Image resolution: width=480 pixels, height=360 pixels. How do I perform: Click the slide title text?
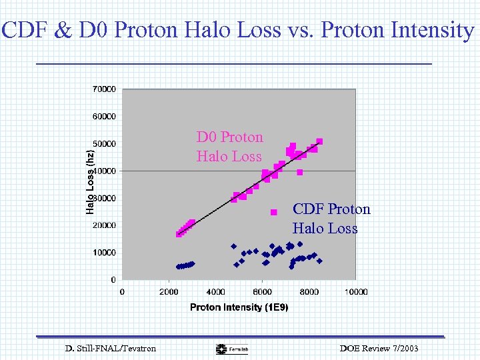click(238, 30)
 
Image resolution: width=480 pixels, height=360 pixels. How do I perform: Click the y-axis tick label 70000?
click(103, 89)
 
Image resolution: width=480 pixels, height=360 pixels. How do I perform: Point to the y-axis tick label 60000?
click(103, 116)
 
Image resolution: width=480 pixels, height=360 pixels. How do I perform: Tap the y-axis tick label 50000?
click(103, 143)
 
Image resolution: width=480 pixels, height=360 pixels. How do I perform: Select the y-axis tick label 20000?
click(103, 225)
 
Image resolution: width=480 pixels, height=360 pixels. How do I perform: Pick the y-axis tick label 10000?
click(103, 253)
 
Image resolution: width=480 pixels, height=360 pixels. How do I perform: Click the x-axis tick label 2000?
click(168, 291)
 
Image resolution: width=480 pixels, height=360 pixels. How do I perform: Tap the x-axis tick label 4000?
click(215, 291)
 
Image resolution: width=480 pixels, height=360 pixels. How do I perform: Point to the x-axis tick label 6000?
click(262, 291)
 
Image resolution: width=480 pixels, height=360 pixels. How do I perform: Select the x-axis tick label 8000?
click(309, 291)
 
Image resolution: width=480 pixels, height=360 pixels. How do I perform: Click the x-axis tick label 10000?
click(356, 291)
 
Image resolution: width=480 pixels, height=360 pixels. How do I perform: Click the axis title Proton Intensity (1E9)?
click(239, 307)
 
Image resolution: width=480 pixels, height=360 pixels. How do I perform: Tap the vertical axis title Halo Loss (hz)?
click(90, 181)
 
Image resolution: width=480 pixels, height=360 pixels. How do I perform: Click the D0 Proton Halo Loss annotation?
click(229, 147)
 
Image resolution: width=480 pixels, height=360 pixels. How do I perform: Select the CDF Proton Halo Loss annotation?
click(331, 219)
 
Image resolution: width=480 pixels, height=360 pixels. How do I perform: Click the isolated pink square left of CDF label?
click(273, 212)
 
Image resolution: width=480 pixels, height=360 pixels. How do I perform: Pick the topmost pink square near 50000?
click(319, 141)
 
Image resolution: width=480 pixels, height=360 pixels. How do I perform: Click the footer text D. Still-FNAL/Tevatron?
click(111, 348)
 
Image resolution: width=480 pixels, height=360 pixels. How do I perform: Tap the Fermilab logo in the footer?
click(231, 349)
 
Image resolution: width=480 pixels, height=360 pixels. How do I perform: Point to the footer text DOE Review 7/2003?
click(379, 348)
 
